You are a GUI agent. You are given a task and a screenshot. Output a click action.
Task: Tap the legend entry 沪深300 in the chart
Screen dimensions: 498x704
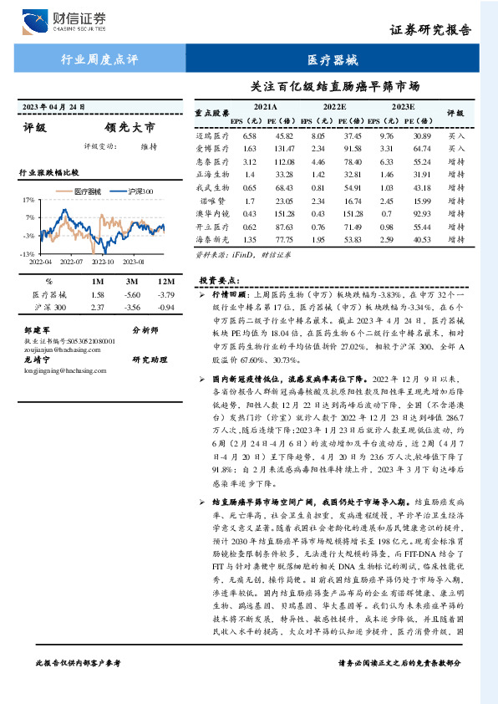[x=135, y=192]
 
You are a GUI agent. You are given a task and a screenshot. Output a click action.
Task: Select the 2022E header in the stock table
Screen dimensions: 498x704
[x=333, y=107]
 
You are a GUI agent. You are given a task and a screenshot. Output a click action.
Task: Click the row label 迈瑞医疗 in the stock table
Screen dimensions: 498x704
[x=212, y=135]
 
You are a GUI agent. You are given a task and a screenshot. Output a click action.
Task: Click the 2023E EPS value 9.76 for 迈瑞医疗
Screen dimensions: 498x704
[x=386, y=135]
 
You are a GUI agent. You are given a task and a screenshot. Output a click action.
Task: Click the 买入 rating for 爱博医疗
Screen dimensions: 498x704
[x=456, y=148]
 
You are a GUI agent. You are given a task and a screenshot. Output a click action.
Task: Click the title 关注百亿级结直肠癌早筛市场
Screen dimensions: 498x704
[x=334, y=85]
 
